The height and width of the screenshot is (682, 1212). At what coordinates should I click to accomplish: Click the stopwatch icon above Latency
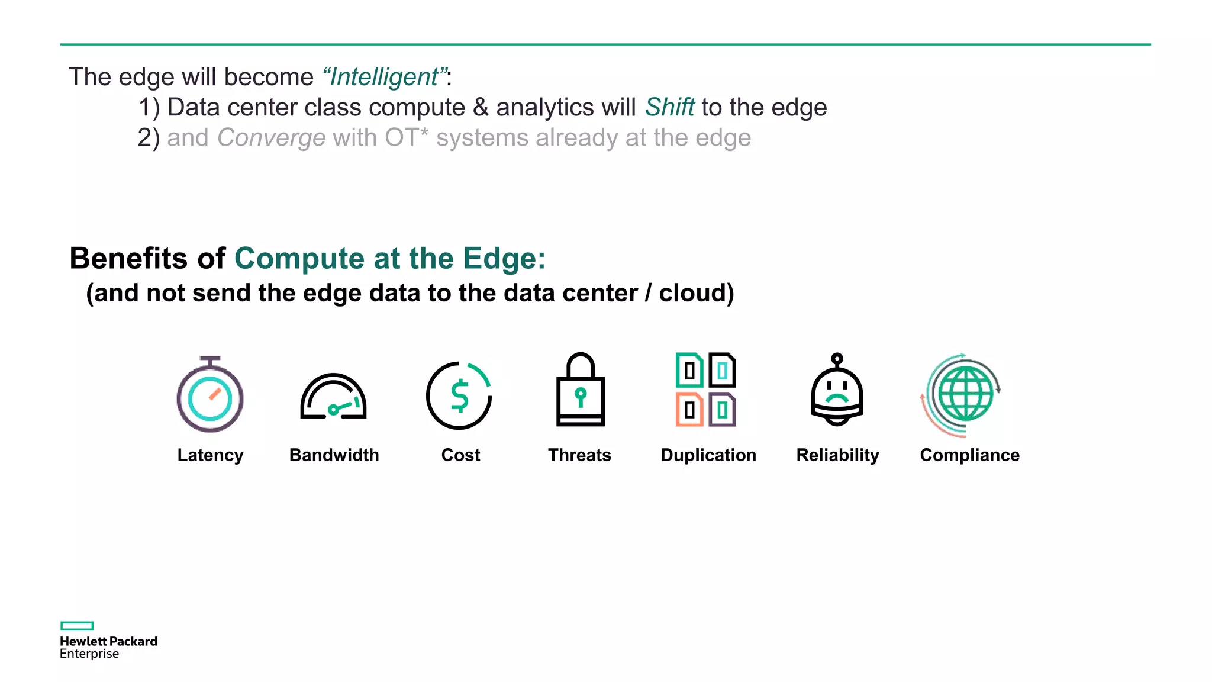[x=210, y=395]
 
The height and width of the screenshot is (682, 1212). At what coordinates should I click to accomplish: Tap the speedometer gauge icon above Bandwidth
[x=333, y=397]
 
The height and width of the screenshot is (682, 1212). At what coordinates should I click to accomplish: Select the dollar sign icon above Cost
[x=459, y=395]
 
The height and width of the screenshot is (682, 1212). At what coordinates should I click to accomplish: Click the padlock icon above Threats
[x=580, y=391]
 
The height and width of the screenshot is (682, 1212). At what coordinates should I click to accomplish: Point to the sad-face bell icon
[x=837, y=391]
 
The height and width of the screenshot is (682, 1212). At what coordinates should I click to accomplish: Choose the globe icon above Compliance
[x=965, y=394]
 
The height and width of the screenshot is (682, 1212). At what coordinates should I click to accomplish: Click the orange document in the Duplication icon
[x=689, y=409]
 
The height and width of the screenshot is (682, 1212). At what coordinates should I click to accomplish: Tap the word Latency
[x=210, y=455]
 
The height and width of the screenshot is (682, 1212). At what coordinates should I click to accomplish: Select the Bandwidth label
[x=334, y=455]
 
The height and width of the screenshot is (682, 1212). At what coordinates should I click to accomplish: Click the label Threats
[x=579, y=455]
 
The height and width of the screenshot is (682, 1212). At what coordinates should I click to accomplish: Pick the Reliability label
[x=837, y=455]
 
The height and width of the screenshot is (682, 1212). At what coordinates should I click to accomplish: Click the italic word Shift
[x=669, y=107]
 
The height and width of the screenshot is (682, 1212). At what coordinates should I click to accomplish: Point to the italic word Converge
[x=271, y=138]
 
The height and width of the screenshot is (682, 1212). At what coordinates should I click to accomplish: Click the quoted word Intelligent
[x=385, y=77]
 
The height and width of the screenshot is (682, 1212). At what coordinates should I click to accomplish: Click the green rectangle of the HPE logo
[x=77, y=626]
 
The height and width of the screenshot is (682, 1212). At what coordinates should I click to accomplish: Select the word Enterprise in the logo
[x=89, y=654]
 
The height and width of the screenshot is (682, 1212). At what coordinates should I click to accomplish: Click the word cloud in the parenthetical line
[x=696, y=293]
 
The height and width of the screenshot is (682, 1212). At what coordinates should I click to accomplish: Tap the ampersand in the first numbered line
[x=481, y=107]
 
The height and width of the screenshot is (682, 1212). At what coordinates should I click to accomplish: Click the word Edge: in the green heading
[x=504, y=258]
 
